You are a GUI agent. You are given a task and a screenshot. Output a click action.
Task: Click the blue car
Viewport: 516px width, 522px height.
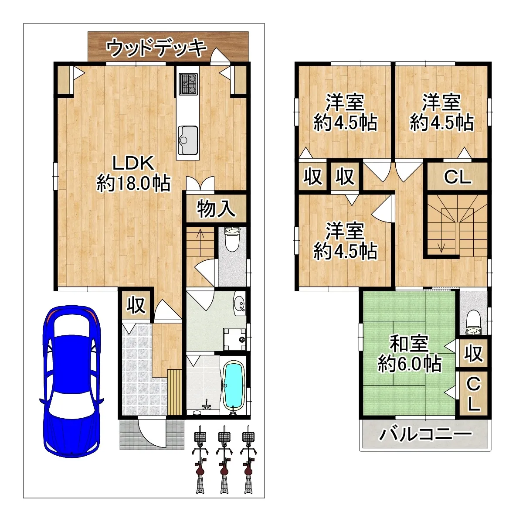71,381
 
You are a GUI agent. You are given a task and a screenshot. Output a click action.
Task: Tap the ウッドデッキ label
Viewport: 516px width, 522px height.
156,48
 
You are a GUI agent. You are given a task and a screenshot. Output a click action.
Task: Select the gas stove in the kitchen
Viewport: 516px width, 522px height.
188,84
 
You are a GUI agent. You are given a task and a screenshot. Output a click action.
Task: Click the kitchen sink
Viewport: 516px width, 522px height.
188,140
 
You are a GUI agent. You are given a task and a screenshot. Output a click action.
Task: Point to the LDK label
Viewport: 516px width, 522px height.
133,163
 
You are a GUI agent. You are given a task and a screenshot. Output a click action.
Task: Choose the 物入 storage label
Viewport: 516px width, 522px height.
216,208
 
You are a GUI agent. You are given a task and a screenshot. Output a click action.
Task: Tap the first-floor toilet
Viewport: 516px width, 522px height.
232,239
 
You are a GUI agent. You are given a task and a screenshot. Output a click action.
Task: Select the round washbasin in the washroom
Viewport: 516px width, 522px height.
240,303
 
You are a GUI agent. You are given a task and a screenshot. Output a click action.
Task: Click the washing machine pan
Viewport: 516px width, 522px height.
234,339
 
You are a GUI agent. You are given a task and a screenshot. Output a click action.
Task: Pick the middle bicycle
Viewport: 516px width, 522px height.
224,459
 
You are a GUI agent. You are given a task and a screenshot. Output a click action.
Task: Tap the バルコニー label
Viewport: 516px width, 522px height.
425,434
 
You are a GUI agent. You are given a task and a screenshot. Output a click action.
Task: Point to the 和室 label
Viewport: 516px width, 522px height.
409,344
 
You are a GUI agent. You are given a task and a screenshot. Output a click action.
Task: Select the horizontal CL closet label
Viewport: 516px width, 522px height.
458,177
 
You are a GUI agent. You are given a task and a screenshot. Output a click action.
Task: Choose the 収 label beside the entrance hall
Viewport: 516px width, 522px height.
136,305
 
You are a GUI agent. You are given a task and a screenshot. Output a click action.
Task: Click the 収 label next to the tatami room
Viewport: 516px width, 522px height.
474,353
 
